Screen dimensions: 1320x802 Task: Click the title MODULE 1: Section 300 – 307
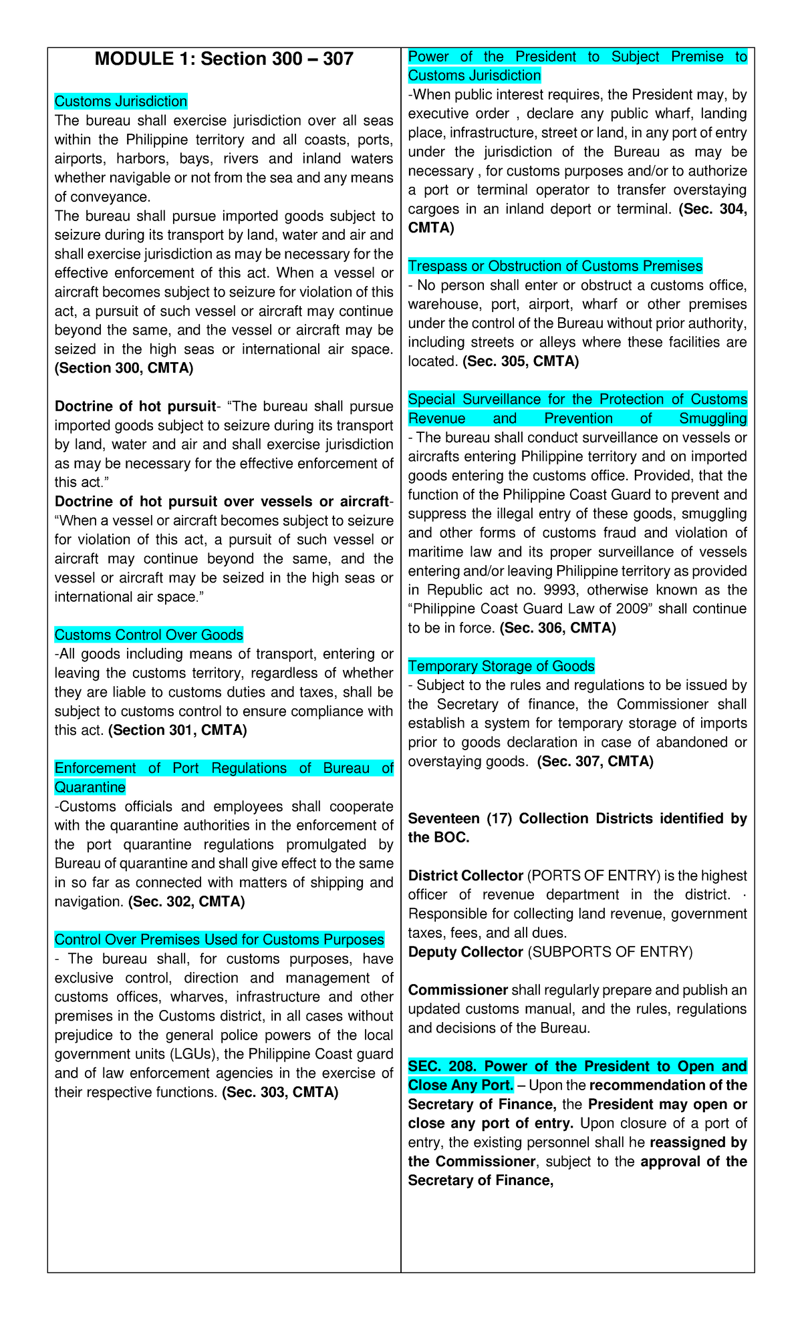click(224, 59)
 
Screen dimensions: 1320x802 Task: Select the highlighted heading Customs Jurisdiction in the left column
click(120, 102)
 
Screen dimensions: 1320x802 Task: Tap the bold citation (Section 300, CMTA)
click(124, 368)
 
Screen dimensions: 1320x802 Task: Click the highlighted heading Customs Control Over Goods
click(148, 635)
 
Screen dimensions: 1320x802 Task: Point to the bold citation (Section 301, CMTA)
click(177, 730)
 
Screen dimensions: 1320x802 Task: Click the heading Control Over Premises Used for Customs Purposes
click(219, 940)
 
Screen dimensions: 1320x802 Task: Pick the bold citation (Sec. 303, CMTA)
click(280, 1092)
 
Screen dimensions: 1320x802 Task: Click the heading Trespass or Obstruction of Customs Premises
click(555, 267)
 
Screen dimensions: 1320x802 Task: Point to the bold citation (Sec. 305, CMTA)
click(521, 361)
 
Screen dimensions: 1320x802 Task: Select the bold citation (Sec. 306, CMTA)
click(557, 629)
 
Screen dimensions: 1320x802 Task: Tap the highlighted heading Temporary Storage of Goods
click(501, 667)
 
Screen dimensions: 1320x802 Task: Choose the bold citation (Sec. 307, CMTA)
click(595, 762)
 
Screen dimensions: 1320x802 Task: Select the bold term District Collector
click(465, 876)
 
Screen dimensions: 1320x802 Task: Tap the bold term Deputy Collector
click(465, 952)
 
